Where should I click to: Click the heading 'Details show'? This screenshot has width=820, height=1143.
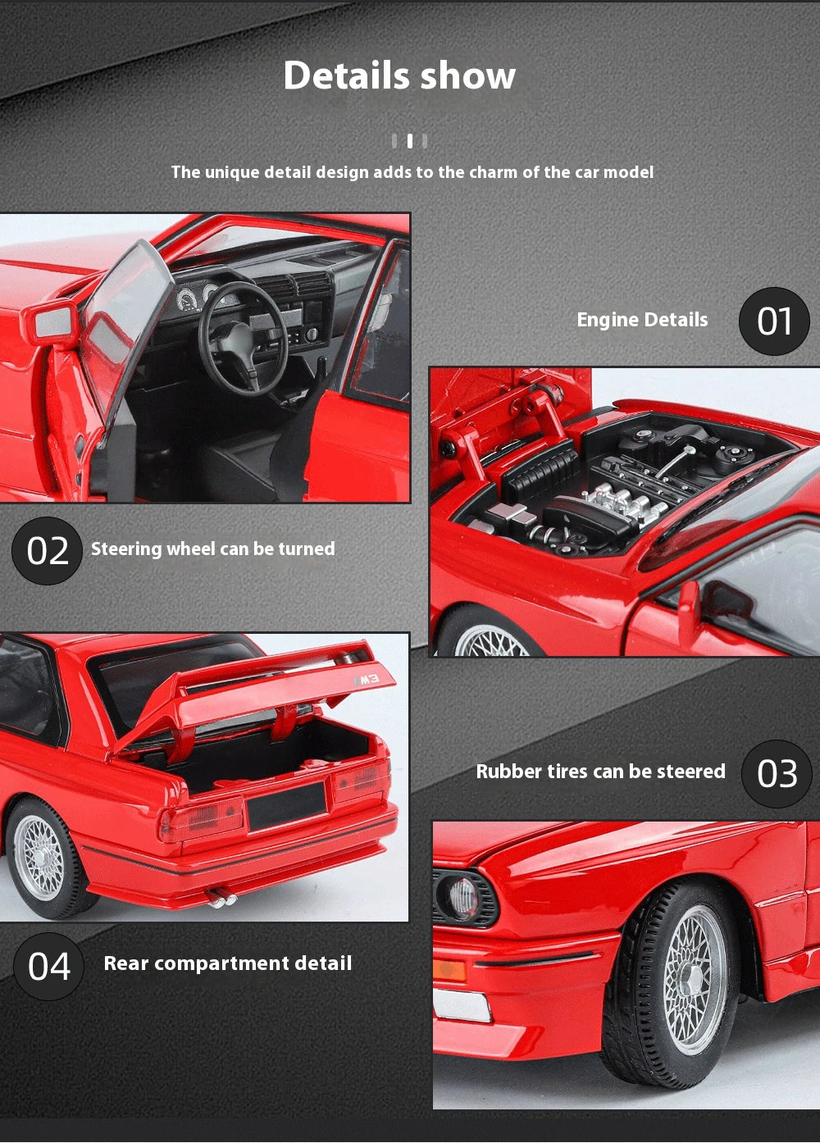[399, 75]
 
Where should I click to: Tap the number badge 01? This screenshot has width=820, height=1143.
[774, 321]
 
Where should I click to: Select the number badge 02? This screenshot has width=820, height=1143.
[47, 551]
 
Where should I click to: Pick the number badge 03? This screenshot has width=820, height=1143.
[777, 774]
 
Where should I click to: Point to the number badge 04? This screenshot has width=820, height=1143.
[48, 967]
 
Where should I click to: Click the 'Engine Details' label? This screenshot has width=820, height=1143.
[642, 320]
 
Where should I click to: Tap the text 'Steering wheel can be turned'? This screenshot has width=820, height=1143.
[212, 549]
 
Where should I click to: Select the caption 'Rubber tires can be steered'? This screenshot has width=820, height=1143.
[600, 772]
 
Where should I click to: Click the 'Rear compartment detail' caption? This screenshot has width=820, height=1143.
[227, 963]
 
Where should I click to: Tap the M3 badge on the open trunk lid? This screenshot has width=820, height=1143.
[367, 680]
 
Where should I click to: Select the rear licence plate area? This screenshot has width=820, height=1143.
[286, 805]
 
